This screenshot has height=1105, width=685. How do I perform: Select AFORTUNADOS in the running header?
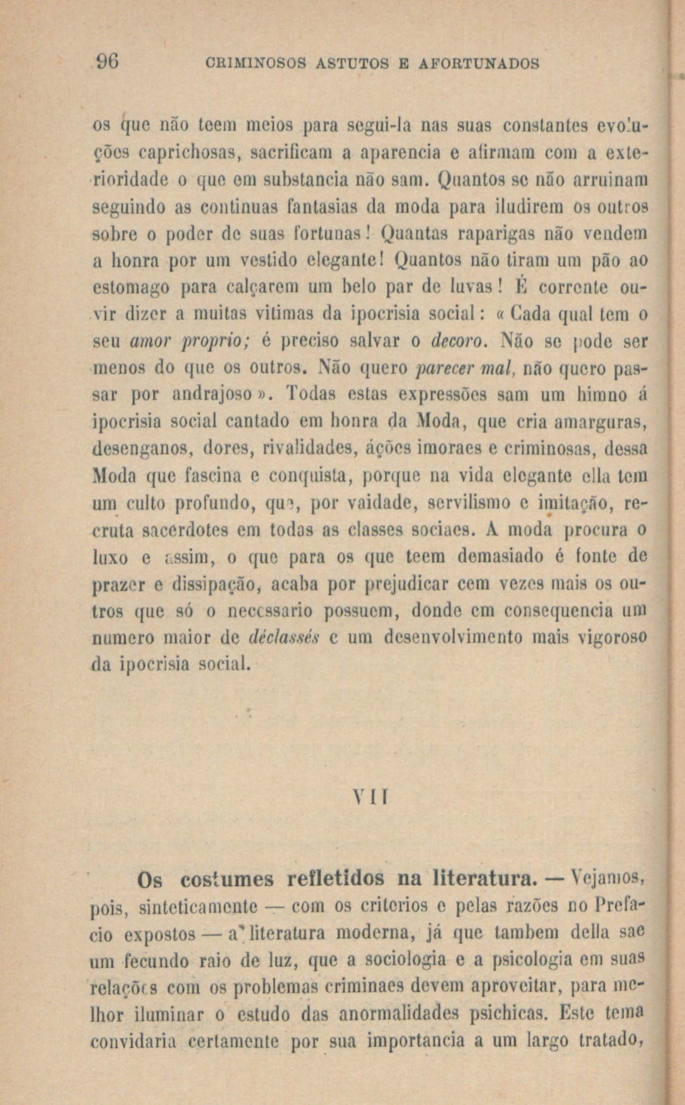point(479,64)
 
